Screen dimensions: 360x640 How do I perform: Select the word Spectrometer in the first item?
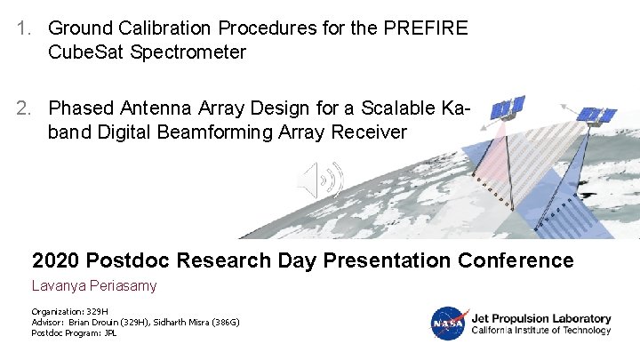pos(188,52)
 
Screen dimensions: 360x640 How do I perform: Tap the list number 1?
pos(24,28)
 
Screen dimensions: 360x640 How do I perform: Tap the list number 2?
pos(24,108)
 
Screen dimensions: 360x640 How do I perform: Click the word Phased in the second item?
pos(81,108)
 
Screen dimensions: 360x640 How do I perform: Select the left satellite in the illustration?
pos(507,108)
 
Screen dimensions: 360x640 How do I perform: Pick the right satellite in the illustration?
pos(596,116)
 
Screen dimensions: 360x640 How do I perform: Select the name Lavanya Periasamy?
pos(94,286)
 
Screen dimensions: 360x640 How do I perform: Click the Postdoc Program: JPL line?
pos(74,333)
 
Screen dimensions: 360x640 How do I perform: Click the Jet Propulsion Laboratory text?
pos(540,318)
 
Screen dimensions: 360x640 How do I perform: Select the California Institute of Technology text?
pos(540,331)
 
